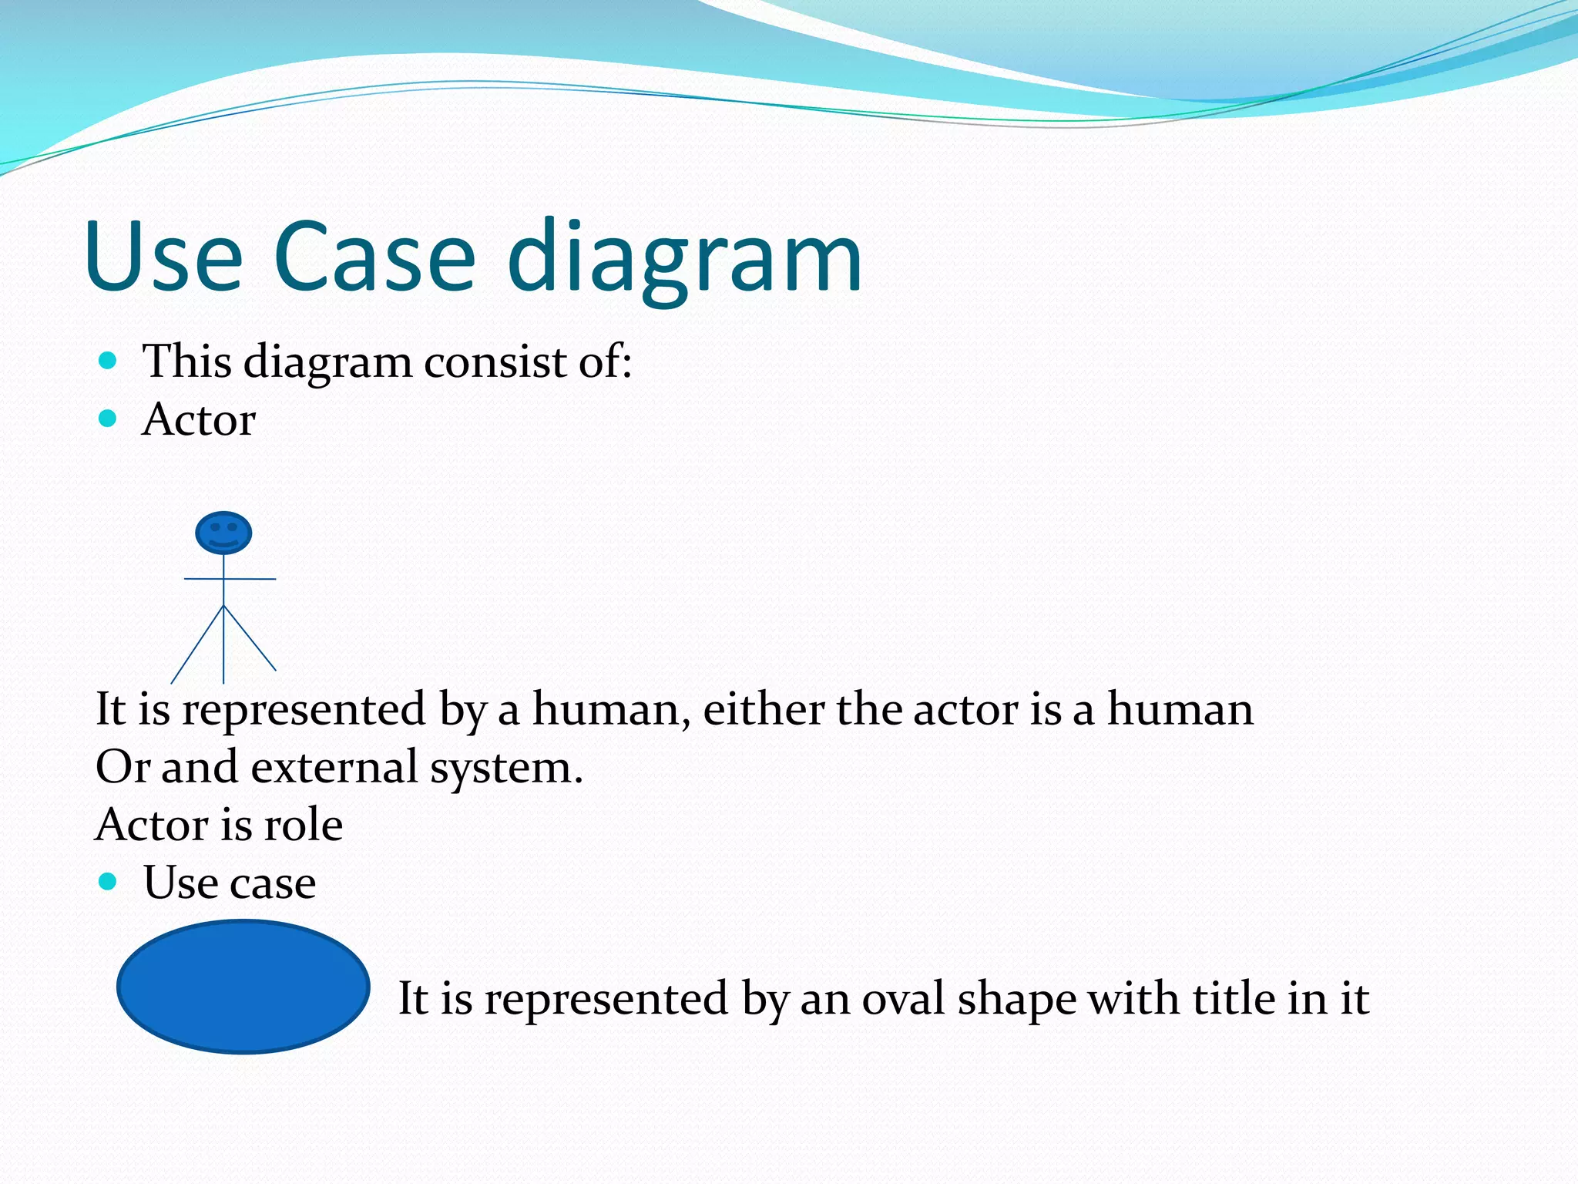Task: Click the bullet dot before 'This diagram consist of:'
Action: pos(108,360)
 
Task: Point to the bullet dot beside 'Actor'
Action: pos(108,419)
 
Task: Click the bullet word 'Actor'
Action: pos(199,420)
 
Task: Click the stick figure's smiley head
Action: pos(223,533)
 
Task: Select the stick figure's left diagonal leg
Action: pos(196,646)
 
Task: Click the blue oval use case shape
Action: pos(243,987)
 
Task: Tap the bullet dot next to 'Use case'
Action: pos(108,881)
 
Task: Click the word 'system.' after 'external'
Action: pos(505,769)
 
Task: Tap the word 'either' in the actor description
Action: pos(763,709)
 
